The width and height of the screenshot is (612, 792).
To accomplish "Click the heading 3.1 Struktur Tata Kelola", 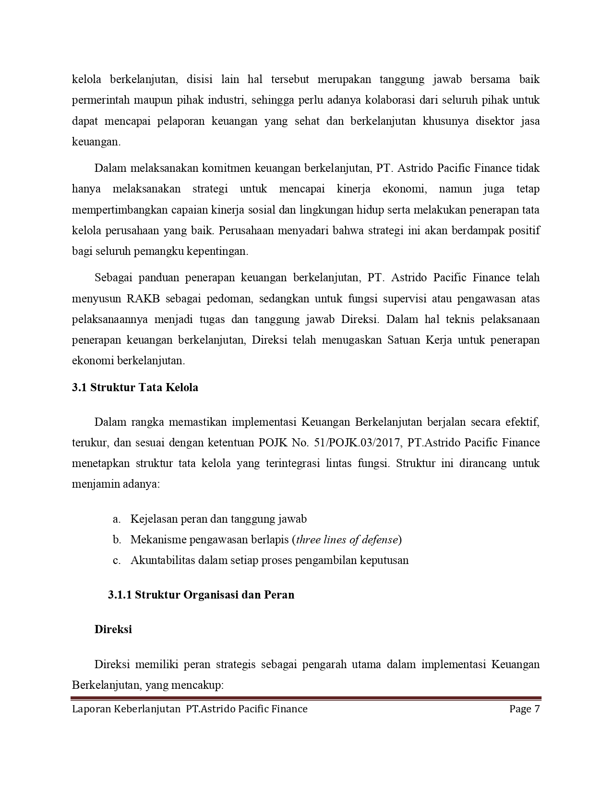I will point(135,387).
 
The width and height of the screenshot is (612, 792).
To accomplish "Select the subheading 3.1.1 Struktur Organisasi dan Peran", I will point(201,595).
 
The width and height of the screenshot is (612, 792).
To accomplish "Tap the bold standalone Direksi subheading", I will point(113,629).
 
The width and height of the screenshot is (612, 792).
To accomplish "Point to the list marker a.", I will point(116,519).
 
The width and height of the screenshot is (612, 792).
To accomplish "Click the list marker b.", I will point(117,540).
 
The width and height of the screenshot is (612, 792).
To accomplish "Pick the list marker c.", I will point(116,560).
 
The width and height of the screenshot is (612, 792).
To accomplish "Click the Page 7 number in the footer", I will point(525,709).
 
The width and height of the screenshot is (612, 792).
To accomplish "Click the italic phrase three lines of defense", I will point(347,540).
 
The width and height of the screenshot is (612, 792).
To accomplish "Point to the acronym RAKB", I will point(143,299).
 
